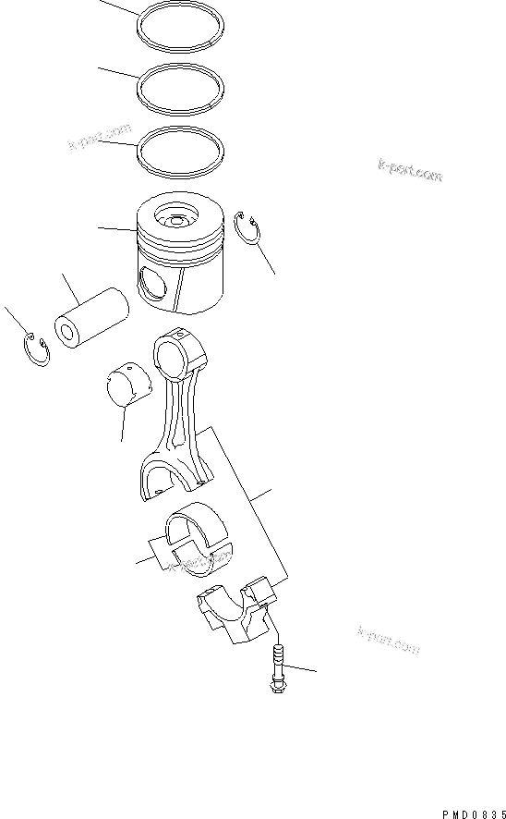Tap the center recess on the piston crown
(175, 222)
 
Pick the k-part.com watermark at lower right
(388, 638)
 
